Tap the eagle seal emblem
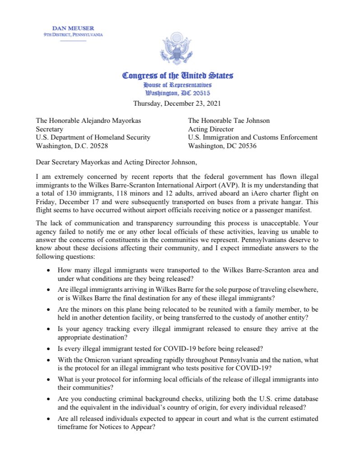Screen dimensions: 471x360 pos(177,50)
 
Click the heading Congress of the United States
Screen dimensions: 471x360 pos(178,76)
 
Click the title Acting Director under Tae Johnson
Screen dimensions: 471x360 pos(210,129)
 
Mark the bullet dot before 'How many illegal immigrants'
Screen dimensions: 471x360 pos(49,270)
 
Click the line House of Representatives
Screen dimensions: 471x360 pos(177,85)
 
